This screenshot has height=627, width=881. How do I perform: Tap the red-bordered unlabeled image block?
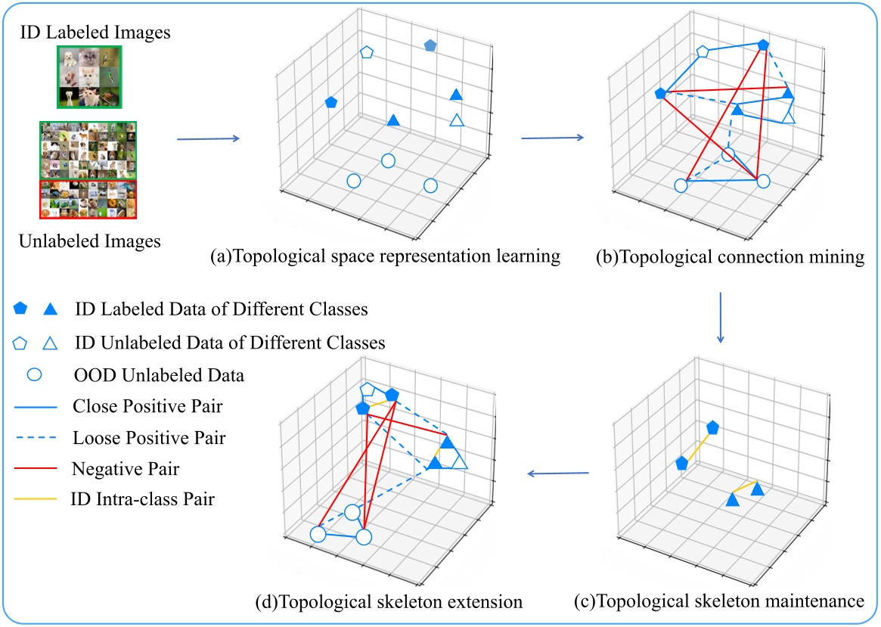click(x=89, y=198)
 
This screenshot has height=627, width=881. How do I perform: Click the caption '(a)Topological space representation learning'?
click(x=386, y=256)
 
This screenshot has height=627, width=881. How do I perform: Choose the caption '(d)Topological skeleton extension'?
click(x=389, y=602)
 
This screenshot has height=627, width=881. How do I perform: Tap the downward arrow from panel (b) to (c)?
click(x=720, y=318)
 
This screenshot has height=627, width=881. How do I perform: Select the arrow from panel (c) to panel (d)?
click(x=558, y=474)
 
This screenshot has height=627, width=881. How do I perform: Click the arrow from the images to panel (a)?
click(x=207, y=138)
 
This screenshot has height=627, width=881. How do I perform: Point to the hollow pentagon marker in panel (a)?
click(x=367, y=52)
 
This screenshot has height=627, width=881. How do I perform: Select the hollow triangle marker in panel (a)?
click(x=456, y=120)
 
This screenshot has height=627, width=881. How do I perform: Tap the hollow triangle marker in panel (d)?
click(x=458, y=461)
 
